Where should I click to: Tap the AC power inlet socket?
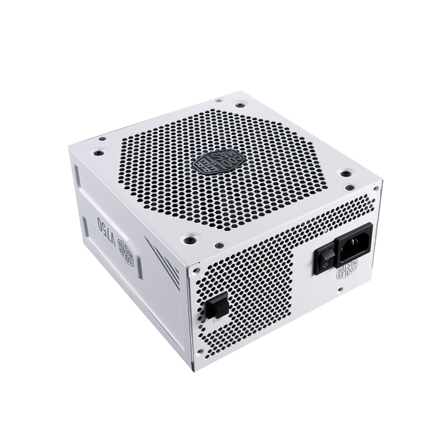pos(355,243)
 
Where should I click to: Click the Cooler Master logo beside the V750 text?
pos(127,251)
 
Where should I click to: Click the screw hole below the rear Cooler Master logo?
pos(340,289)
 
